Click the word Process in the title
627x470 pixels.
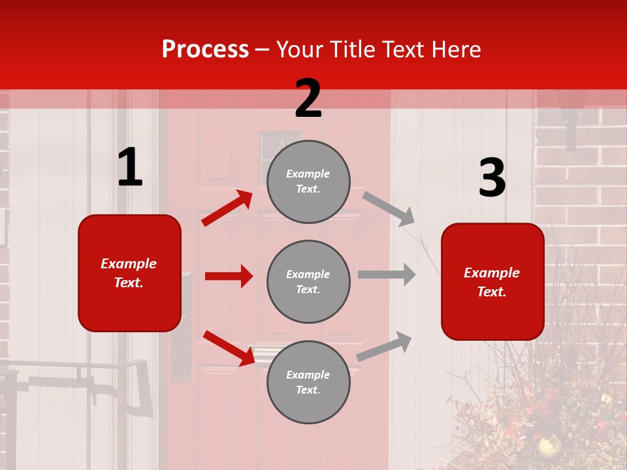pyautogui.click(x=205, y=50)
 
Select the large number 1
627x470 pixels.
pyautogui.click(x=130, y=168)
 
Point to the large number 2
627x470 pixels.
pyautogui.click(x=308, y=99)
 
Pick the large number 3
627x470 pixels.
pyautogui.click(x=492, y=179)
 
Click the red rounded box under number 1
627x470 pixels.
pyautogui.click(x=129, y=273)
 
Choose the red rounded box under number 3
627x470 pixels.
pyautogui.click(x=492, y=281)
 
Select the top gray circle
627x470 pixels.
pyautogui.click(x=308, y=181)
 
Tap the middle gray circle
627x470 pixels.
pyautogui.click(x=308, y=281)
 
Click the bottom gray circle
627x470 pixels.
pyautogui.click(x=308, y=382)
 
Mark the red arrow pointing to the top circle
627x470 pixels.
pyautogui.click(x=227, y=208)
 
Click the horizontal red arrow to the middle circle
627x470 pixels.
pyautogui.click(x=229, y=276)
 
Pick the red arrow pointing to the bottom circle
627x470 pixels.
pyautogui.click(x=229, y=348)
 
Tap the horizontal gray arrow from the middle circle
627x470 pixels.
pyautogui.click(x=387, y=274)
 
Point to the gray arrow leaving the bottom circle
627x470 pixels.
pyautogui.click(x=385, y=346)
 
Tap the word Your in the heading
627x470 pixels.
pyautogui.click(x=299, y=50)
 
